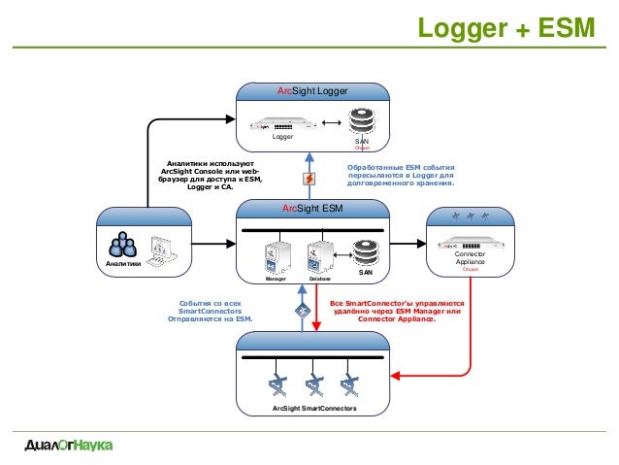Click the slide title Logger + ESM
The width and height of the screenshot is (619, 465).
click(505, 28)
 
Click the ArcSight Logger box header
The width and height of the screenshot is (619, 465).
click(313, 90)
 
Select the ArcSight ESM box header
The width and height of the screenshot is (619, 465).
click(312, 208)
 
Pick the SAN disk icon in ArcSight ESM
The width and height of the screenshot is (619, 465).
click(365, 254)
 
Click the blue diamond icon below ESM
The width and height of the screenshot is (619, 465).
click(303, 312)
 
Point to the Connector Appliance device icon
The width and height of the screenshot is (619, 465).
click(469, 243)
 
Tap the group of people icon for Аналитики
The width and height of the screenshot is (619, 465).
click(122, 245)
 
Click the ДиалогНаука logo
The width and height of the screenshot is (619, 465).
click(68, 446)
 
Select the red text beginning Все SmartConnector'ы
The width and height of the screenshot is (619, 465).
click(397, 311)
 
